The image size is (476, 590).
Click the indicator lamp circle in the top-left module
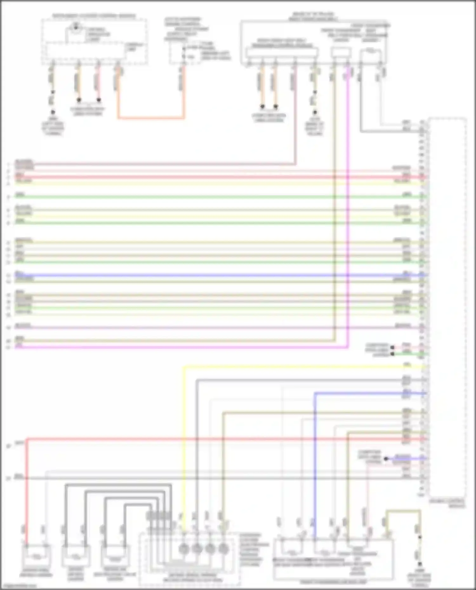coord(76,27)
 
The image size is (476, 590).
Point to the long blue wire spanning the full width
coord(222,275)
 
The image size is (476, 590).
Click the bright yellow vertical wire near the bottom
coord(183,444)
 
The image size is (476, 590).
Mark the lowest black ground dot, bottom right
coord(420,564)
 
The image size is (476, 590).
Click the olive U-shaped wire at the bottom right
coord(403,511)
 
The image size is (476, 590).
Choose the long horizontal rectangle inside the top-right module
coord(282,53)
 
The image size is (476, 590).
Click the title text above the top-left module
coord(94,16)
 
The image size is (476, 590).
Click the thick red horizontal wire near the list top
coord(222,177)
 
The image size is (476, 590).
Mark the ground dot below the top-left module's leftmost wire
coord(53,112)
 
